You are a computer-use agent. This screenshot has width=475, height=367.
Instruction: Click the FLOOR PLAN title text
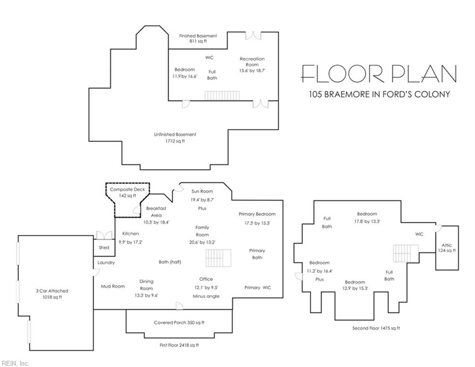(x=379, y=74)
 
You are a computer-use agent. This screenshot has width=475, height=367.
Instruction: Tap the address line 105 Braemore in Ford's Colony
(x=379, y=94)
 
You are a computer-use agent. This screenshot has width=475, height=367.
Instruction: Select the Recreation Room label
(x=252, y=62)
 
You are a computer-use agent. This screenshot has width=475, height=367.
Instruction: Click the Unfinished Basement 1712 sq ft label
(x=175, y=138)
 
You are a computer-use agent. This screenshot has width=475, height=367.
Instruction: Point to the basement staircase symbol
(x=222, y=96)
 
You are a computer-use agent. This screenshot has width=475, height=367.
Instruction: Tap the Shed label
(x=104, y=248)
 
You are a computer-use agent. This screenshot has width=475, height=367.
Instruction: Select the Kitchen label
(x=131, y=234)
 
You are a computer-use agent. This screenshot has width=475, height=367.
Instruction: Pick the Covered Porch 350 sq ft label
(x=179, y=323)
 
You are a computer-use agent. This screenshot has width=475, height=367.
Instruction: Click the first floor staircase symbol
(x=219, y=258)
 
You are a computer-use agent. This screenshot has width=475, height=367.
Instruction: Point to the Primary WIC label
(x=257, y=287)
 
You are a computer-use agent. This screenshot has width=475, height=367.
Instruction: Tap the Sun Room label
(x=202, y=191)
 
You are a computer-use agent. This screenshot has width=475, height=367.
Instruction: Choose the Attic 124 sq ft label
(x=447, y=248)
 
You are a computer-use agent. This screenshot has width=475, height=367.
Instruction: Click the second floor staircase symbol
(x=406, y=253)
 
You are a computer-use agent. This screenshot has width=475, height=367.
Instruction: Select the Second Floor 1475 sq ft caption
(x=376, y=328)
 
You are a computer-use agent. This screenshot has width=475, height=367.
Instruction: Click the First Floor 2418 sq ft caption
(x=179, y=345)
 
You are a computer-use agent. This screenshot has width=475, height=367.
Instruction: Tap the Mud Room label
(x=113, y=286)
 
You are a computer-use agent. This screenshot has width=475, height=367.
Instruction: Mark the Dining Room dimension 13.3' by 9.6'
(x=146, y=296)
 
